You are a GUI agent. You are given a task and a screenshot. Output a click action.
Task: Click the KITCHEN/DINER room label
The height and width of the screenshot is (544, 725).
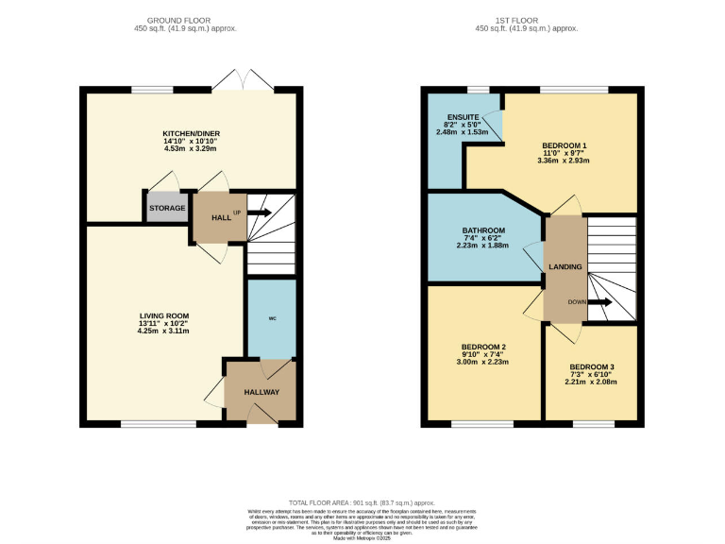click(x=190, y=135)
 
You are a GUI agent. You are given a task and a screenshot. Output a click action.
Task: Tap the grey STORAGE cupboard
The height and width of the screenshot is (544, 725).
click(x=166, y=208)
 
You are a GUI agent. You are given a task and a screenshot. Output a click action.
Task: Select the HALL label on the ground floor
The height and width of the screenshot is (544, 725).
click(x=221, y=217)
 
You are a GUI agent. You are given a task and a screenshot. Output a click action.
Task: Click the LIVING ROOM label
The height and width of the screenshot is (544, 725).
click(x=164, y=315)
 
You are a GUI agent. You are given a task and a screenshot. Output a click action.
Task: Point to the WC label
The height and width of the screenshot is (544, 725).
click(x=272, y=318)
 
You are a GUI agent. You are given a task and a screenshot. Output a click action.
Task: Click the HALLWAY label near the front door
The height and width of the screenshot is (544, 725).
click(x=261, y=391)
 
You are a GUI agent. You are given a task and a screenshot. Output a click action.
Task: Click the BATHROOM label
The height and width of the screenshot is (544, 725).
click(x=483, y=229)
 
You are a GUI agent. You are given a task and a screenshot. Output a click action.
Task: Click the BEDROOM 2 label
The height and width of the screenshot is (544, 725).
click(x=483, y=347)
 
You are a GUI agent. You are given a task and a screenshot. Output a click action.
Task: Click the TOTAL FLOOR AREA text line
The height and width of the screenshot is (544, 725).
click(x=362, y=504)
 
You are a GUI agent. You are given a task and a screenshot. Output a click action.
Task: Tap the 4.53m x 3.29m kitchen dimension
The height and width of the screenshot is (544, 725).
click(x=190, y=148)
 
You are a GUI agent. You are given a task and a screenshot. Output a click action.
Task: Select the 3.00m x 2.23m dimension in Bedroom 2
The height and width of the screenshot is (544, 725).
click(x=483, y=362)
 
